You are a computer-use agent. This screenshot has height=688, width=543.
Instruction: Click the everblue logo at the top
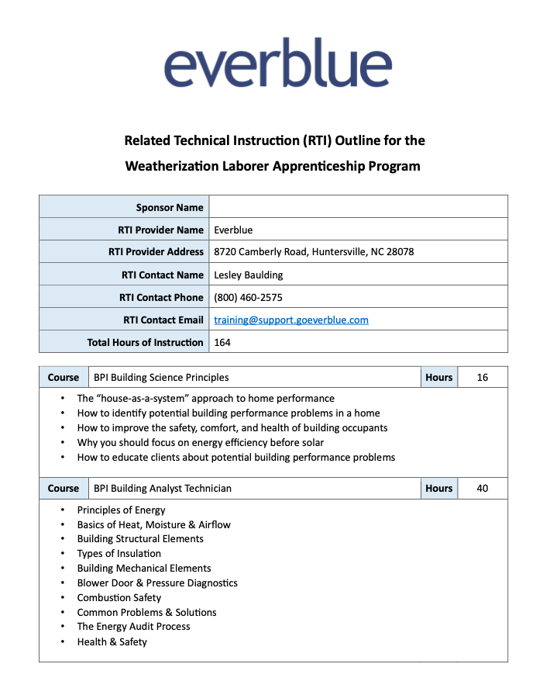point(278,64)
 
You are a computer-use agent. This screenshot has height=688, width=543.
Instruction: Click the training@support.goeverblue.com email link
point(290,320)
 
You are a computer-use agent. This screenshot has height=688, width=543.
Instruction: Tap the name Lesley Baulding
point(248,275)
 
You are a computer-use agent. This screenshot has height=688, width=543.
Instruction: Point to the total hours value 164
point(222,342)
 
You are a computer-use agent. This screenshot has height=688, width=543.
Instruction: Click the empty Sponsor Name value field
point(358,207)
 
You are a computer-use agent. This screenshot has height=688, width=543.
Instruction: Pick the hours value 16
point(483,378)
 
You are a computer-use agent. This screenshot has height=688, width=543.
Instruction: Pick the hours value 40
point(483,489)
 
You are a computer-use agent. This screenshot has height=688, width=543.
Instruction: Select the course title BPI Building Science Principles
point(161,378)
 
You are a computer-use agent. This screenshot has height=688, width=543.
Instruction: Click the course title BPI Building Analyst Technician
point(163,489)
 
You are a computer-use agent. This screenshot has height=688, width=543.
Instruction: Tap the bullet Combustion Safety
point(119,598)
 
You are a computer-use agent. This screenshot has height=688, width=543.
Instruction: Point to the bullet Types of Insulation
point(119,554)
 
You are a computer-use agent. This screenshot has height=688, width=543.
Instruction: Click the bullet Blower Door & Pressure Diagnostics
point(157,583)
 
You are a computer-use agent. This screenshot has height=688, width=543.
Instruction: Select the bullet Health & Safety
point(112,642)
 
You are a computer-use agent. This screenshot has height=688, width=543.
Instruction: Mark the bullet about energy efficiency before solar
point(201,443)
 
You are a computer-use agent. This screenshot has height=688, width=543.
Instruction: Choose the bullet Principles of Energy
point(121,510)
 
